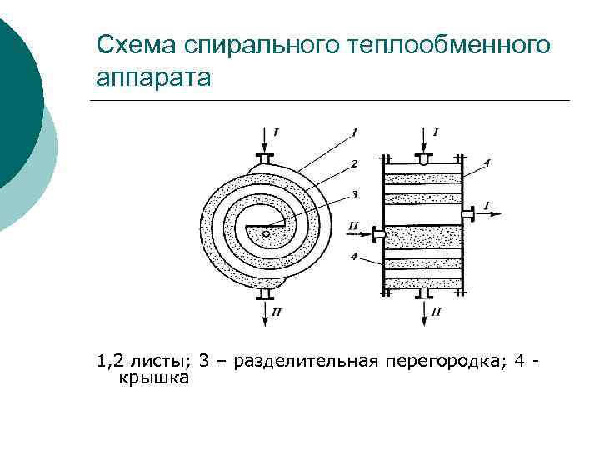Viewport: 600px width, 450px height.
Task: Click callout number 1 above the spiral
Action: click(x=354, y=132)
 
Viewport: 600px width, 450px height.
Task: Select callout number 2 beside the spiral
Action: click(x=354, y=163)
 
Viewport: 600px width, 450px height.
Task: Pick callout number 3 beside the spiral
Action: click(x=354, y=195)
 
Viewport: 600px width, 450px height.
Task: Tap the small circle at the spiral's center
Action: click(x=266, y=234)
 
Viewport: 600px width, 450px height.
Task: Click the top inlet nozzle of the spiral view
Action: click(x=266, y=158)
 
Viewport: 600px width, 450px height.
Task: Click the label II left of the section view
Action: click(x=354, y=225)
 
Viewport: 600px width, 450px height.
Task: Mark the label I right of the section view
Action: click(x=486, y=204)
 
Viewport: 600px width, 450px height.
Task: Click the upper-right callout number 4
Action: click(x=487, y=162)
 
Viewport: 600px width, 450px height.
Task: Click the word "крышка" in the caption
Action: click(x=155, y=377)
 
